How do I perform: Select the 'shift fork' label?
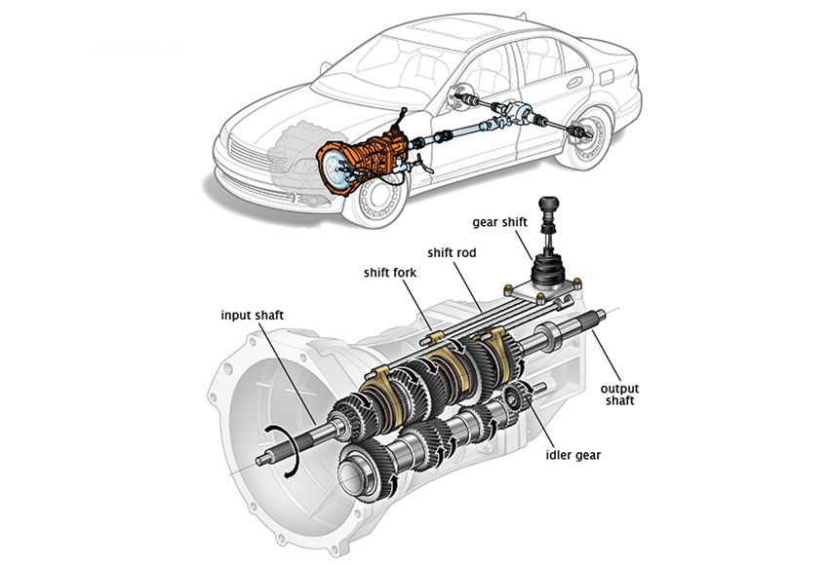390,272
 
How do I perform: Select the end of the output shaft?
606,314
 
